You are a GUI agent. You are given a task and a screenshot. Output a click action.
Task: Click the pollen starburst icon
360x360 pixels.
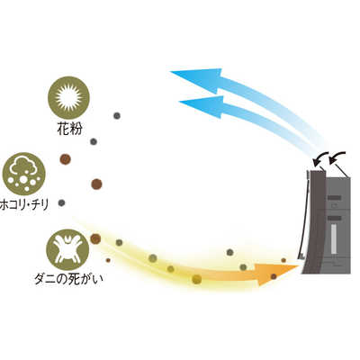tap(68, 98)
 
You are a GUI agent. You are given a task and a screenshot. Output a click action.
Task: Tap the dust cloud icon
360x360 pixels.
tap(23, 174)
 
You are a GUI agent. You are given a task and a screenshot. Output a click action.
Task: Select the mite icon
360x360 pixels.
tap(67, 249)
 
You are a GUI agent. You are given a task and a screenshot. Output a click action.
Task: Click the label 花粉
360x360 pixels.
tap(69, 129)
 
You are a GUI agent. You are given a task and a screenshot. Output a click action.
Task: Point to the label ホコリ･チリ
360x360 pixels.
tap(24, 205)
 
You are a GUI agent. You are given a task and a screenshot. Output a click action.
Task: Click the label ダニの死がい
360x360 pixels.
tap(68, 279)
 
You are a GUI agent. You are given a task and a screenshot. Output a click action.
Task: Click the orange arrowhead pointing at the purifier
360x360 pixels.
tap(276, 273)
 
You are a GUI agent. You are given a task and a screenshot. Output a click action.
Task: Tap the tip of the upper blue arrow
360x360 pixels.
tap(170, 72)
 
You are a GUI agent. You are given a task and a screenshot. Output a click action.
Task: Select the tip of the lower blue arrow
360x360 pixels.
tap(179, 102)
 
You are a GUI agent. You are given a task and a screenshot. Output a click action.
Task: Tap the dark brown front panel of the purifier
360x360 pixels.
tap(315, 222)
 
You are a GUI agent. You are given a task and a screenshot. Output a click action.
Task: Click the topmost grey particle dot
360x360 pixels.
tap(117, 115)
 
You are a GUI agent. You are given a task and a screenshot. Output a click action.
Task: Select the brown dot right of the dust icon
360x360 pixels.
tap(96, 184)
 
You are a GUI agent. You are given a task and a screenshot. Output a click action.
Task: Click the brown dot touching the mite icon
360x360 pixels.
tap(95, 238)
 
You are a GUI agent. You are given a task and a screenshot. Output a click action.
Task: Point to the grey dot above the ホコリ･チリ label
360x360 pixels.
tap(61, 202)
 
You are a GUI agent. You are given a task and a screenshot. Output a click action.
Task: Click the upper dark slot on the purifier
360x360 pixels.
tap(334, 198)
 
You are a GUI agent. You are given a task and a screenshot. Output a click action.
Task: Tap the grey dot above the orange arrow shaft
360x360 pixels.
tap(229, 252)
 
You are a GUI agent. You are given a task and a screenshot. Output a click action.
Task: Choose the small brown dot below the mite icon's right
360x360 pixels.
tap(108, 260)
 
